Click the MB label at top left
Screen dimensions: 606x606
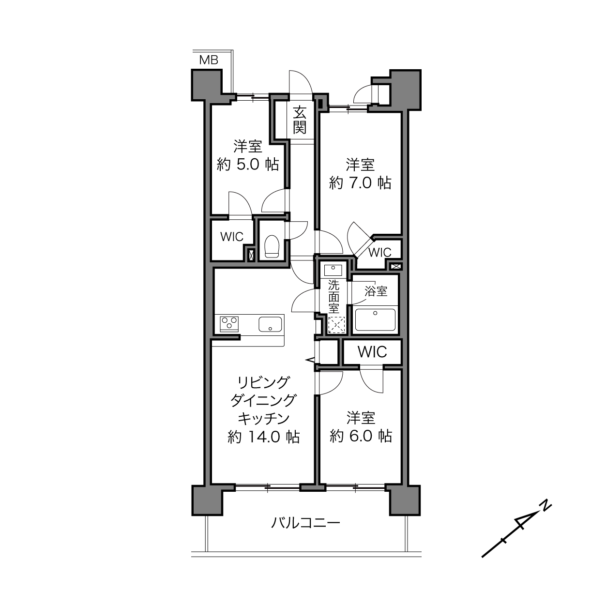[x=209, y=60]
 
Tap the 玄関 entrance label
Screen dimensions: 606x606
[x=300, y=120]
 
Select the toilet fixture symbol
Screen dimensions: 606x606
[x=272, y=246]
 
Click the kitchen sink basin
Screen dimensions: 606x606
[x=270, y=324]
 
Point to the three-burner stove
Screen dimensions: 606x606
[x=229, y=324]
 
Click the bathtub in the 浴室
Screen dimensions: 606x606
[x=375, y=320]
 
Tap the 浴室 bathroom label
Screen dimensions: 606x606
[x=376, y=291]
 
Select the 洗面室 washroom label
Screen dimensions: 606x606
[x=333, y=297]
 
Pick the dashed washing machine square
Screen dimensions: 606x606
[x=336, y=325]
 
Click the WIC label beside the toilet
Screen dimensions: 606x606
[x=232, y=237]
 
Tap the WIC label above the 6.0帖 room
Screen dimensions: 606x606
[x=372, y=352]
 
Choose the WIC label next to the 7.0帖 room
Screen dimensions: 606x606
[x=380, y=252]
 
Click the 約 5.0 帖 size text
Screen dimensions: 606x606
[x=248, y=164]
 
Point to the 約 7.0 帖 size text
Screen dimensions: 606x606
[x=360, y=182]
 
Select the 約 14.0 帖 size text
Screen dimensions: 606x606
[x=263, y=437]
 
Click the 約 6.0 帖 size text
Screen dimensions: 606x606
[x=361, y=436]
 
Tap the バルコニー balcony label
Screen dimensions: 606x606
[x=306, y=523]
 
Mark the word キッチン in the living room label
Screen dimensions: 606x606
[x=263, y=419]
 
